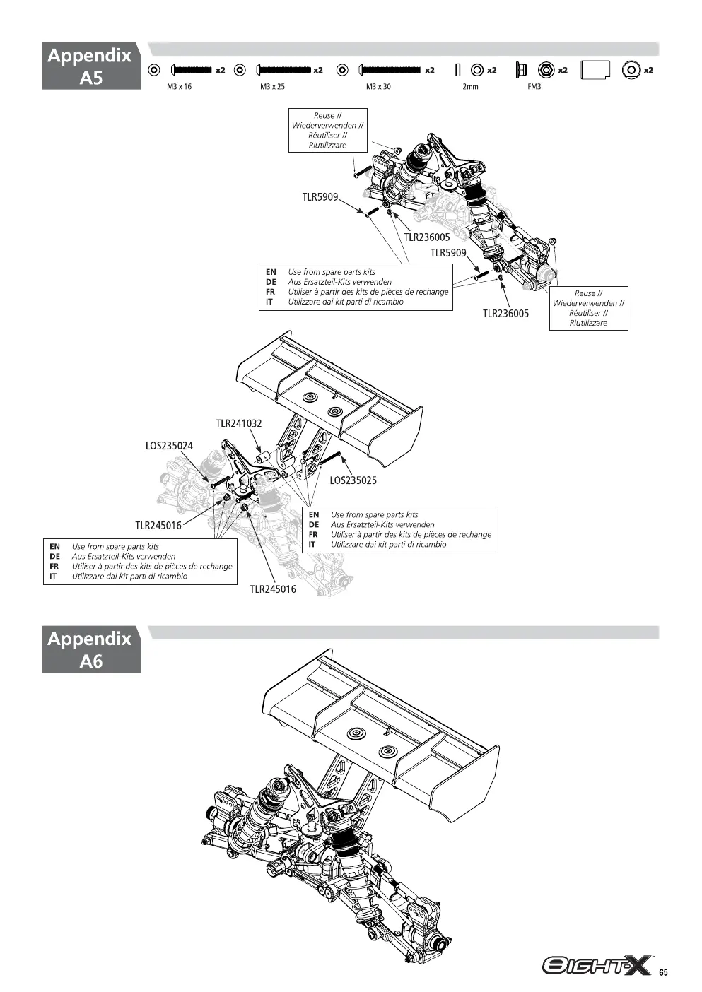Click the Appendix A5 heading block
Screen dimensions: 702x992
[x=91, y=66]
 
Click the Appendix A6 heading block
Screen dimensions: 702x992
[x=91, y=649]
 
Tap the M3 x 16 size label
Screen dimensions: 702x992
[x=179, y=87]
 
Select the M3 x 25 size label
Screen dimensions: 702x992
[x=272, y=87]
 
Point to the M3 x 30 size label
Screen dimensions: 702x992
[x=378, y=87]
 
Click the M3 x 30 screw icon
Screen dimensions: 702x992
[x=390, y=70]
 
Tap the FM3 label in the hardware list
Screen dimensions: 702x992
[x=534, y=87]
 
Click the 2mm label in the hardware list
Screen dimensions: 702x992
[x=470, y=87]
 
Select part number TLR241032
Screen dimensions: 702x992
[x=239, y=423]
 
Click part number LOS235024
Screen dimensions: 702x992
[x=169, y=446]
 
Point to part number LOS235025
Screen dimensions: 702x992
[x=353, y=480]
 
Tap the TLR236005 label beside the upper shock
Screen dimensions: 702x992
[x=427, y=237]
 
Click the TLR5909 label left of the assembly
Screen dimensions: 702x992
[x=320, y=197]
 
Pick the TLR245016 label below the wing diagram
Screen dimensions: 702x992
[x=273, y=589]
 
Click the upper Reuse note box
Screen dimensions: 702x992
[x=328, y=130]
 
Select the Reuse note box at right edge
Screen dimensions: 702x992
[x=589, y=308]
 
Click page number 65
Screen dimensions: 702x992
[x=663, y=972]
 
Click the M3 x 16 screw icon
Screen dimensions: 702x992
[x=191, y=70]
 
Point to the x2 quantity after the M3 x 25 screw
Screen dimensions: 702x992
[x=318, y=70]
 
